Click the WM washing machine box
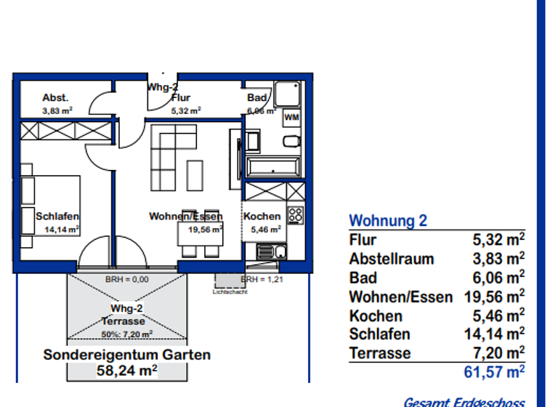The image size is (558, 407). click(x=291, y=117)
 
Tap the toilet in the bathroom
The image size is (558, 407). click(x=290, y=141)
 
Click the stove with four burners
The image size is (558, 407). click(x=295, y=214)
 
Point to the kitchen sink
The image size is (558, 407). click(x=272, y=251)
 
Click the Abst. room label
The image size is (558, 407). click(x=55, y=97)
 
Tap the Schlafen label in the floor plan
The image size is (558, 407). click(x=57, y=216)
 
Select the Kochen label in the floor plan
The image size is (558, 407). click(x=262, y=216)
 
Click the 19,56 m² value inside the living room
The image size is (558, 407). click(x=206, y=230)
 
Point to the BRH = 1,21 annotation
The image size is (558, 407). click(x=260, y=279)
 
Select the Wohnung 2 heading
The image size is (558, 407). click(x=389, y=221)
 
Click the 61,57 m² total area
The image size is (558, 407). click(x=494, y=374)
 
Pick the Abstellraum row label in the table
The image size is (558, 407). click(x=392, y=259)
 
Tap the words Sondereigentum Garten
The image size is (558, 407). click(x=126, y=355)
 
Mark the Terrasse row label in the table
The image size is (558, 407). click(x=380, y=353)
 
